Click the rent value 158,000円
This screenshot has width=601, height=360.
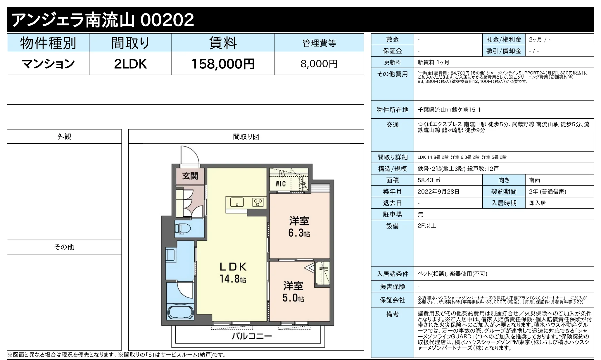point(223,64)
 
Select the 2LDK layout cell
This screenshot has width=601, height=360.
point(130,64)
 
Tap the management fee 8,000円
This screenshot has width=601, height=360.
point(319,64)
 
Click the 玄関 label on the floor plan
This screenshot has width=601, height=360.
point(190,176)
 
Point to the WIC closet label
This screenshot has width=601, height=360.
point(280,184)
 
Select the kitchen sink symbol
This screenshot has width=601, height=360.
point(237,202)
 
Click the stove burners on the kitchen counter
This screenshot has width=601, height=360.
point(258,202)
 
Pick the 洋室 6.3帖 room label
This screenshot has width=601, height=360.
point(299,227)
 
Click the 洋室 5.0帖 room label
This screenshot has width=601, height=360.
point(293,292)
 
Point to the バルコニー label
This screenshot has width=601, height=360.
point(252,336)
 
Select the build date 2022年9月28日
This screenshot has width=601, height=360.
point(438,192)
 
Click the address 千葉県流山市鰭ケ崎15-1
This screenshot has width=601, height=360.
point(449,110)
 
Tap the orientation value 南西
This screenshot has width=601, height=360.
point(534,180)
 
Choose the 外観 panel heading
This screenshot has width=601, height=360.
point(64,137)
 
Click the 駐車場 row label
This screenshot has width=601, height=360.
point(392,214)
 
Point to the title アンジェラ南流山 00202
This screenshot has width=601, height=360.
point(103,20)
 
